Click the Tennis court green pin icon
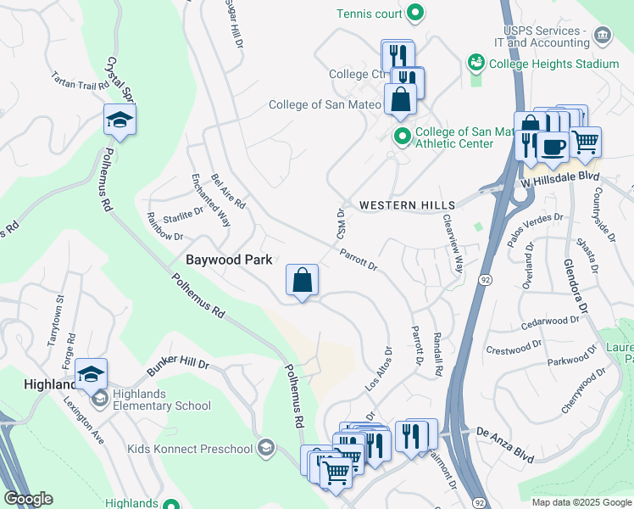415,13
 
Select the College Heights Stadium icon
475,64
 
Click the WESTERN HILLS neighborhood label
407,205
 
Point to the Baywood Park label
229,259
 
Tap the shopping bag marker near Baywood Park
303,279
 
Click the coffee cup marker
553,146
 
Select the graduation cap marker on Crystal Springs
120,120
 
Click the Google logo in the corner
28,499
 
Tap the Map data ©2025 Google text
581,502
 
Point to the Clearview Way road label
453,243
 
